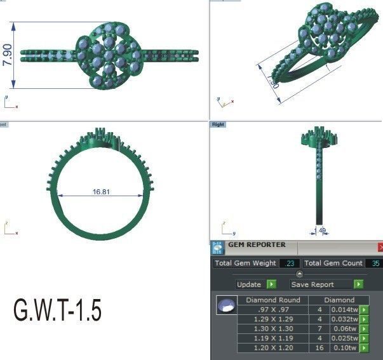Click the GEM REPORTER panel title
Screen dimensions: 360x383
point(257,245)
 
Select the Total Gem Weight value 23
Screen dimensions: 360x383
point(289,263)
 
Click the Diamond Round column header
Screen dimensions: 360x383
point(272,300)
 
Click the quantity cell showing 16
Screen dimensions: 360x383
point(319,348)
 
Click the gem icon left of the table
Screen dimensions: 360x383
point(224,306)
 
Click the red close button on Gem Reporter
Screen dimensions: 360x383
point(380,247)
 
